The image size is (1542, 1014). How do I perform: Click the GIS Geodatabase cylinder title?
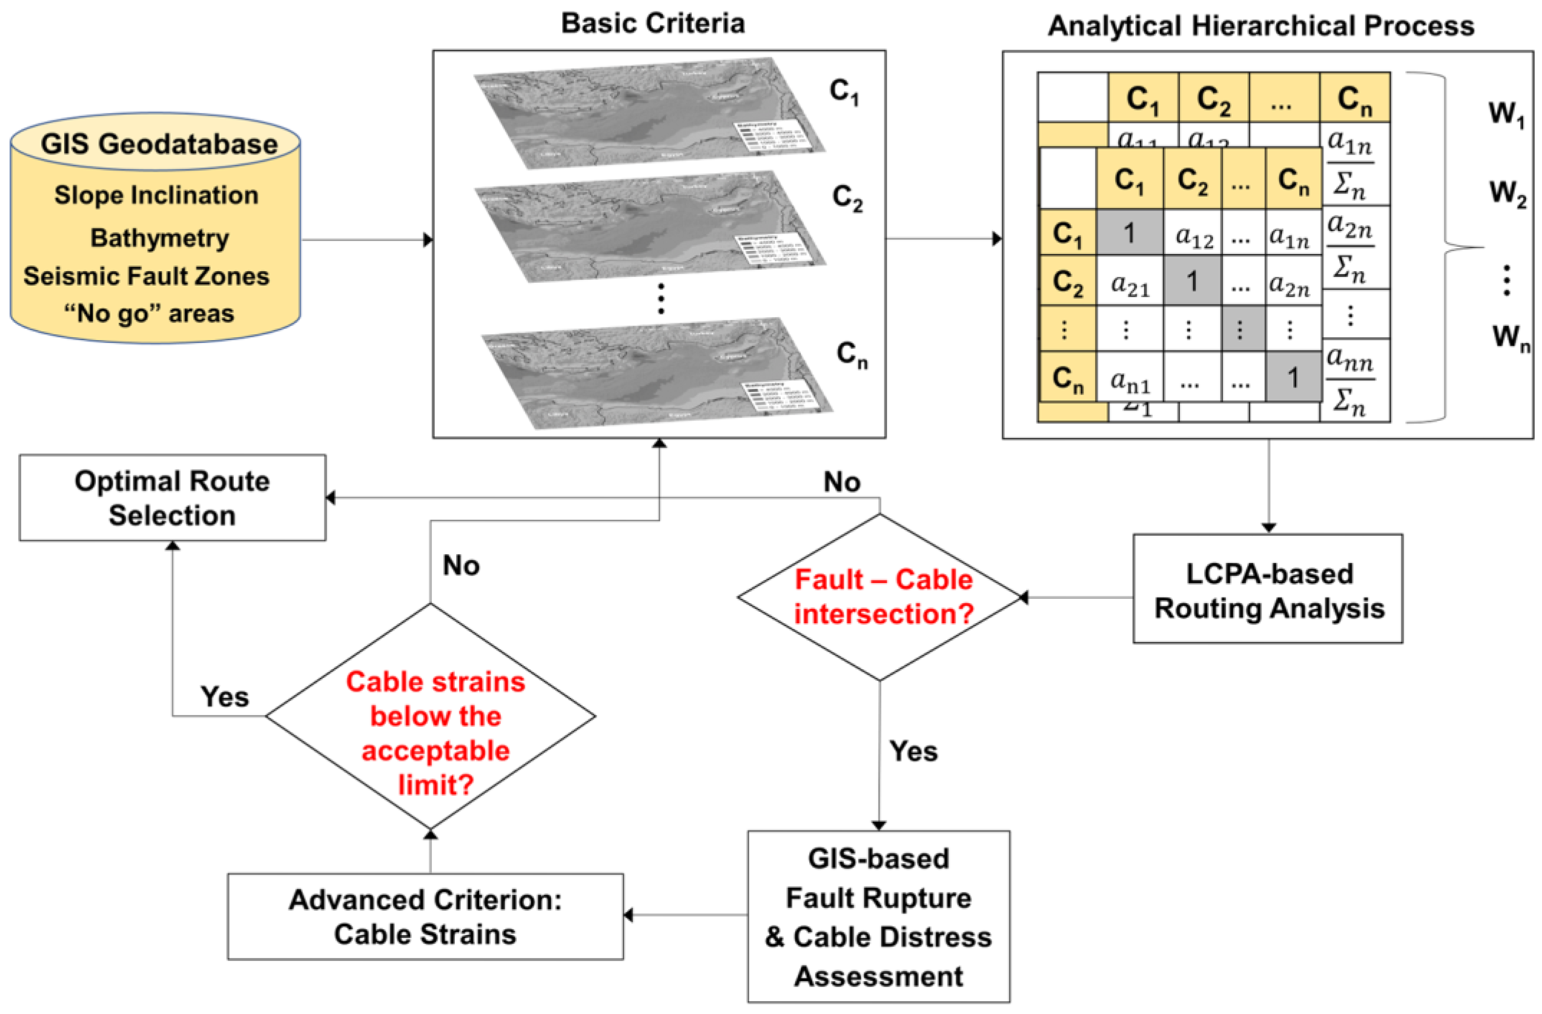pos(159,144)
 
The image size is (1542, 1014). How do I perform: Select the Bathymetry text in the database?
pos(159,238)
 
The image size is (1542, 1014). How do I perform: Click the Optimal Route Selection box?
pos(172,497)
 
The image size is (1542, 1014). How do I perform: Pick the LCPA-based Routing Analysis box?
pos(1268,590)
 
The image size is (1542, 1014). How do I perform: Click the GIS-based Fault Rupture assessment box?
pos(879,916)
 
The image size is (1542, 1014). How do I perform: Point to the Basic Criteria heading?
pos(652,23)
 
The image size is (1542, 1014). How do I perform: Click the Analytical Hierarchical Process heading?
pos(1261,26)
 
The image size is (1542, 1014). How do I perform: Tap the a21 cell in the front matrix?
pos(1130,283)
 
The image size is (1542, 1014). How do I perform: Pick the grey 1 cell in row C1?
pos(1129,232)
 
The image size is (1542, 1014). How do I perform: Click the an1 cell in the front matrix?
pos(1130,378)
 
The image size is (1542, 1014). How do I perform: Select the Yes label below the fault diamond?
pos(913,751)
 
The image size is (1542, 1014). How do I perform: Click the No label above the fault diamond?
pos(842,482)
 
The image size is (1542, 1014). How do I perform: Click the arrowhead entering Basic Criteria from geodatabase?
pos(428,240)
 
